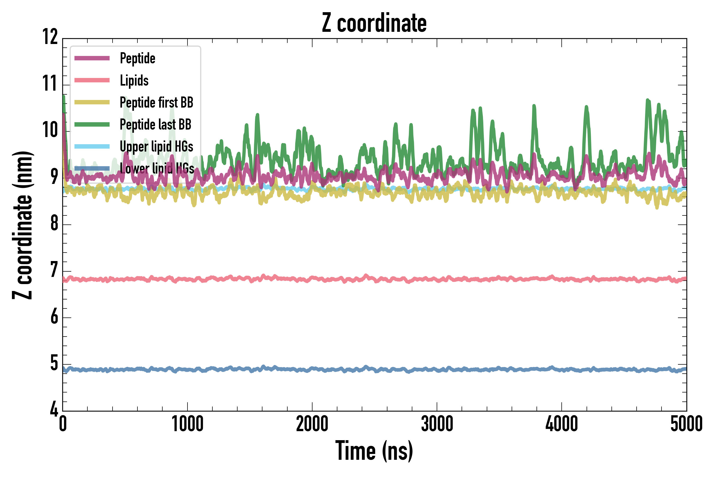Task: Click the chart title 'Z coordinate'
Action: click(x=374, y=23)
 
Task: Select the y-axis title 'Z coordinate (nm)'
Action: click(x=23, y=225)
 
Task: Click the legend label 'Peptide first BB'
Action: click(x=156, y=103)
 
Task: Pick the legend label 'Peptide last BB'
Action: click(x=155, y=125)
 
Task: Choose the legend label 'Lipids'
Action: click(x=134, y=81)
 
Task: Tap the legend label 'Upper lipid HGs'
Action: click(x=156, y=147)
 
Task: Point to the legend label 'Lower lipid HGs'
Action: click(x=157, y=169)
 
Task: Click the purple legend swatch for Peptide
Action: click(x=92, y=58)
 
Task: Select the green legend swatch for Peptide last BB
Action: click(x=92, y=125)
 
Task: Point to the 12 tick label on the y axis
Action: click(x=50, y=37)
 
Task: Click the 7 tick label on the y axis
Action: click(x=54, y=270)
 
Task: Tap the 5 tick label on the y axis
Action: click(x=54, y=363)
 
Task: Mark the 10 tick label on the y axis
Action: click(x=50, y=130)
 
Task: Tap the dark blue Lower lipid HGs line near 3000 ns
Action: click(x=437, y=370)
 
